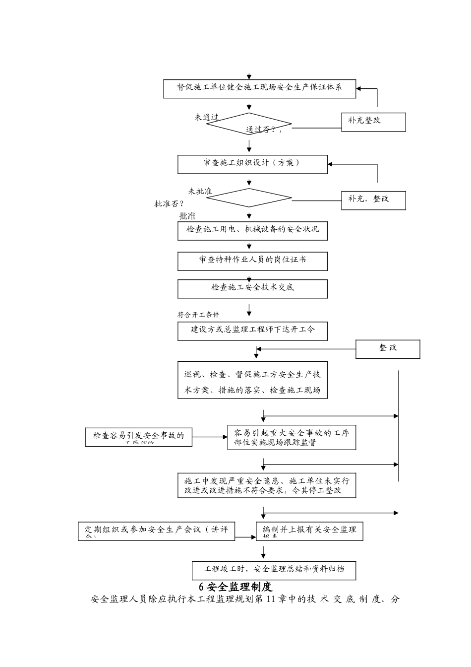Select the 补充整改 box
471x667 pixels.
[373, 122]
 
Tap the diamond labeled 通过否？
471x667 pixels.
[249, 124]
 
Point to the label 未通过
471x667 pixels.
[206, 118]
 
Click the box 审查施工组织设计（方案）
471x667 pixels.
[252, 164]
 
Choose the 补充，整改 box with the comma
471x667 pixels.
[373, 200]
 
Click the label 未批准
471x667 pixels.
[200, 192]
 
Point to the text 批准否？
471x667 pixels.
[170, 203]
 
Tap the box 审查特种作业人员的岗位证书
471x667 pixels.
[252, 261]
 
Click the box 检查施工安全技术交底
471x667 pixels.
[252, 289]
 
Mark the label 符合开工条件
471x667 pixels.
[198, 315]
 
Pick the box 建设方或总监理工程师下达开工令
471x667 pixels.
[252, 331]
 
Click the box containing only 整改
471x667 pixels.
[388, 349]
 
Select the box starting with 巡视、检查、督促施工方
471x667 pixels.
[252, 380]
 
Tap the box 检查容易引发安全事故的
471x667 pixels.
[138, 437]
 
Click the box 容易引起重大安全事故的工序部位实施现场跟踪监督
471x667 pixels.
[292, 438]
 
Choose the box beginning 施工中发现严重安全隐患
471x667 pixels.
[267, 485]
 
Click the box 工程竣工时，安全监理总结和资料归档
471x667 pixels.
[274, 570]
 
